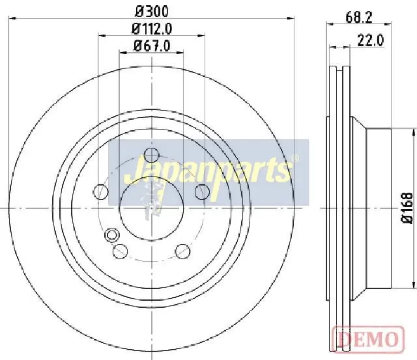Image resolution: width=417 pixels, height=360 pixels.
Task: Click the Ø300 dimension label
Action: pos(152,11)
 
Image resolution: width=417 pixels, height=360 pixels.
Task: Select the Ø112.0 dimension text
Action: pos(152,29)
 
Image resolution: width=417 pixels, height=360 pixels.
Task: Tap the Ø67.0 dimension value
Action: pos(152,46)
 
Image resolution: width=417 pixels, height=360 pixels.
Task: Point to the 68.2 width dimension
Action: pos(359,18)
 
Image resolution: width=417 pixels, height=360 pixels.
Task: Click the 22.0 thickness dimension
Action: pos(371,40)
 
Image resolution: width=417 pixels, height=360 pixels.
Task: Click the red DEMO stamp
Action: pos(368,340)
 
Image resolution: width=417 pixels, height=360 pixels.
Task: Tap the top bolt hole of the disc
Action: pos(151,155)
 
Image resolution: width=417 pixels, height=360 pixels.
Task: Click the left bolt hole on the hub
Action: pos(101,191)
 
